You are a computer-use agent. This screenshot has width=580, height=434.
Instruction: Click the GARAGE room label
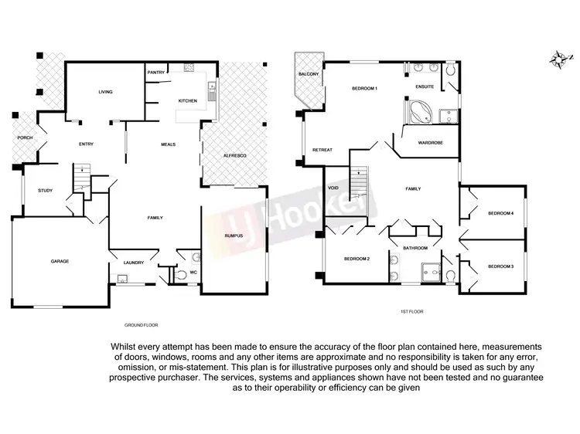[x=60, y=261]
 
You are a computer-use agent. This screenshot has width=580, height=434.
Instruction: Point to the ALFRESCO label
[x=234, y=156]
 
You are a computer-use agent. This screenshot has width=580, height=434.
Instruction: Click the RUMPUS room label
[x=234, y=236]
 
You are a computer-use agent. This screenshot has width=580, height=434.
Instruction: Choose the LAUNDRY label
[x=134, y=263]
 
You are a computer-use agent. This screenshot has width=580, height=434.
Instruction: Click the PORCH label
[x=25, y=137]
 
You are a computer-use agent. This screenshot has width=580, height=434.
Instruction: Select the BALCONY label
[x=308, y=75]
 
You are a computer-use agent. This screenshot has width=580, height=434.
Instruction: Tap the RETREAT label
[x=322, y=149]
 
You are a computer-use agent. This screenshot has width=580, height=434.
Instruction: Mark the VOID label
[x=334, y=188]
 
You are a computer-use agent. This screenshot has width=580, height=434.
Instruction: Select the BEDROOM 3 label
[x=500, y=266]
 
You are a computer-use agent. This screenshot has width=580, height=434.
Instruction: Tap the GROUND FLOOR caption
[x=141, y=325]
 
